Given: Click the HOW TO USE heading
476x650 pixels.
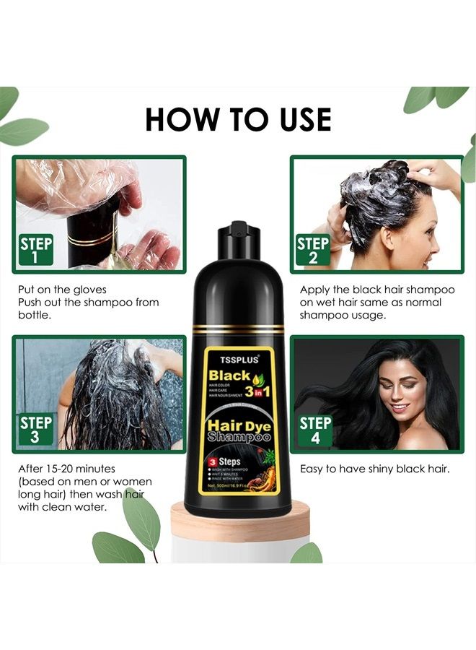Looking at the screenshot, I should coord(238,119).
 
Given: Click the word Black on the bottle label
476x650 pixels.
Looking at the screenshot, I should coord(229,376).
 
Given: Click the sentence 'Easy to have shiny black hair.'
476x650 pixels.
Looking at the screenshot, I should coord(374,469).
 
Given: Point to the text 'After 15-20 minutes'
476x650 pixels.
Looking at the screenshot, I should coord(67,469).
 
